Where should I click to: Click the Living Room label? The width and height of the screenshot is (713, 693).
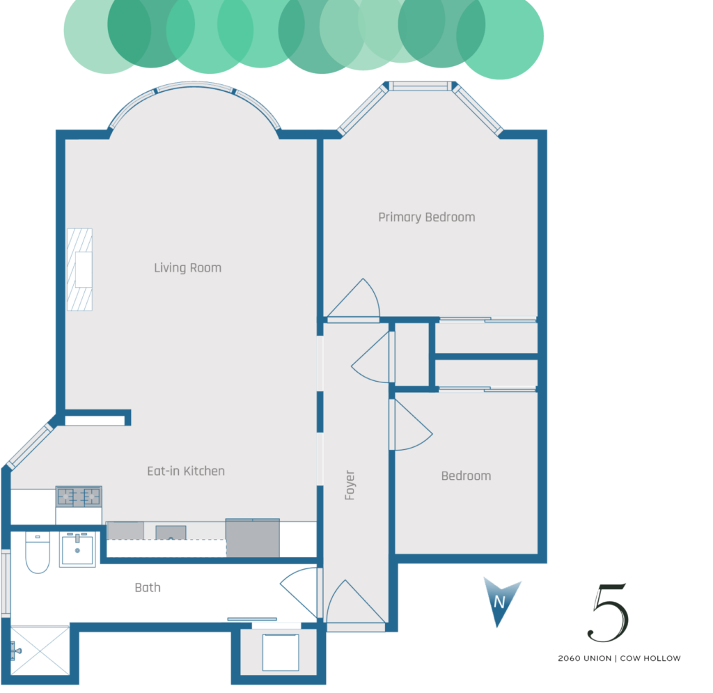point(188,268)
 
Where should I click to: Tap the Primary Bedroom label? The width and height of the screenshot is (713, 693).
point(427,217)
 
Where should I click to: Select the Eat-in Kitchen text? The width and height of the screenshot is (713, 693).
point(186,471)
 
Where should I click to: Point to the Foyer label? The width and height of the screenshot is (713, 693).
point(350,485)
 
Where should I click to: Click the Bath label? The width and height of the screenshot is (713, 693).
point(148,588)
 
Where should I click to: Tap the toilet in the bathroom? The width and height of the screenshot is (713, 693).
point(38,552)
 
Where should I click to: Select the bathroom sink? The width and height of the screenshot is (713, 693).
point(77,550)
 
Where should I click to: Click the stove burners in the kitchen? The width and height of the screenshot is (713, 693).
point(79,497)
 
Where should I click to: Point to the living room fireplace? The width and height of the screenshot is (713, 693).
point(79,270)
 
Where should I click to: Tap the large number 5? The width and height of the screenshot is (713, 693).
point(608,612)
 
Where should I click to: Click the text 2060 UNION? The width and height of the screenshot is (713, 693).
point(585,658)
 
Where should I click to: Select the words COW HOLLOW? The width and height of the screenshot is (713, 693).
point(650,658)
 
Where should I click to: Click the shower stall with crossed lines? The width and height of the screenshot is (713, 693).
point(40,651)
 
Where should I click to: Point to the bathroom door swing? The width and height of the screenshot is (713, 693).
point(299,593)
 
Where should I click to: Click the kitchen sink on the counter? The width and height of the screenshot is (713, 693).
point(171,533)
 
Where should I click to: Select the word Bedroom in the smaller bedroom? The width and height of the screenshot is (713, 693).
point(466,476)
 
